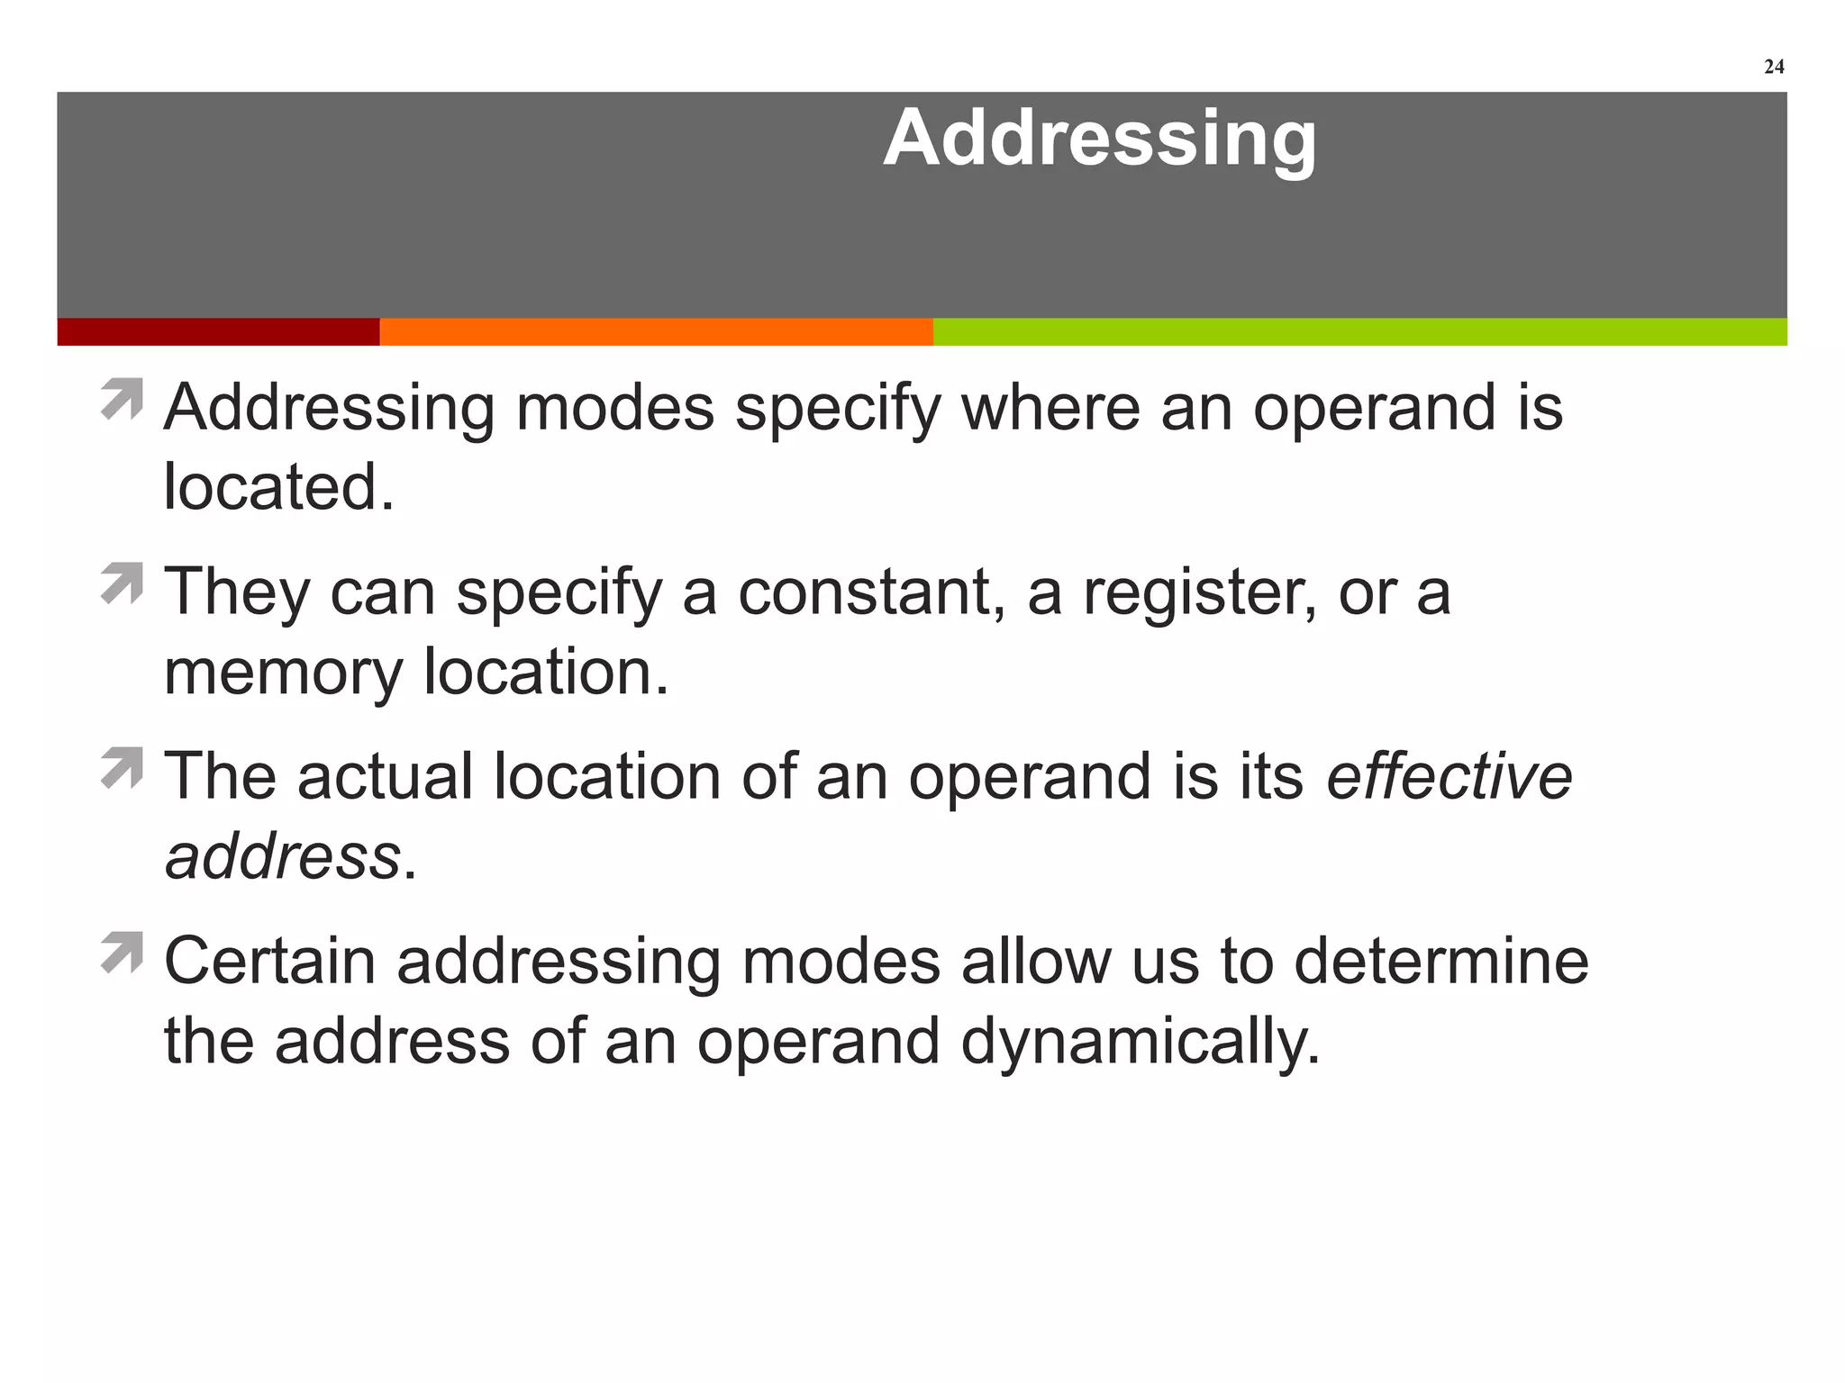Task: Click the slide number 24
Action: (x=1773, y=68)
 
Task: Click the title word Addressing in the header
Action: (x=1099, y=138)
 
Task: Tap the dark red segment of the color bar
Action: (x=218, y=331)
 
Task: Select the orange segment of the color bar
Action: (x=656, y=331)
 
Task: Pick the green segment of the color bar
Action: (x=1359, y=331)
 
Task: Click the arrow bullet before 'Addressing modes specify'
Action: (x=123, y=399)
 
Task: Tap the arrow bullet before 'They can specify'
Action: (x=123, y=583)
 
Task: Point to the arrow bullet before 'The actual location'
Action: (x=123, y=767)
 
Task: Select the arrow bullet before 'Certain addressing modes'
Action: (x=123, y=952)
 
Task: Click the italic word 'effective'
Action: (x=1449, y=776)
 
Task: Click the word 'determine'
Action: (x=1441, y=961)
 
